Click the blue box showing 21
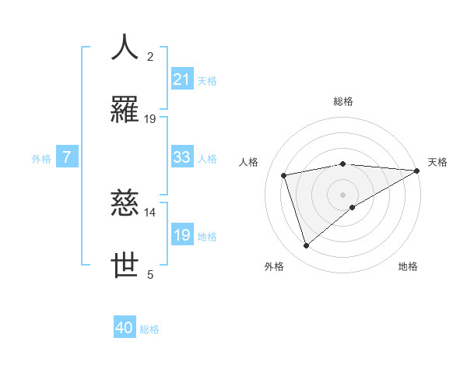(181, 79)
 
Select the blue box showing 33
(181, 157)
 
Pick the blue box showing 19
(181, 235)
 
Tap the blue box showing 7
(67, 157)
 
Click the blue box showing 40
(125, 329)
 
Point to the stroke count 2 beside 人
(150, 56)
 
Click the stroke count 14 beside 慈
(150, 212)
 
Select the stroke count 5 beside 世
(150, 274)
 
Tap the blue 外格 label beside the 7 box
(41, 158)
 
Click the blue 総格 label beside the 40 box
(149, 329)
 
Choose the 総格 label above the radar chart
(342, 101)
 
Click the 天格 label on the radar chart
(437, 162)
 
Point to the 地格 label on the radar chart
(408, 266)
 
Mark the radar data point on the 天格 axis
(417, 171)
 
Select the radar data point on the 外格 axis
(306, 246)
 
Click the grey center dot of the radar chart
(342, 194)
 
